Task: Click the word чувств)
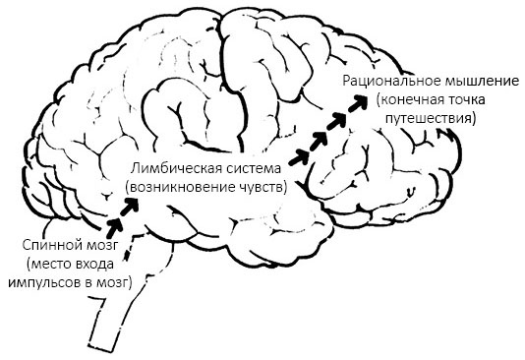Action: [261, 186]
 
